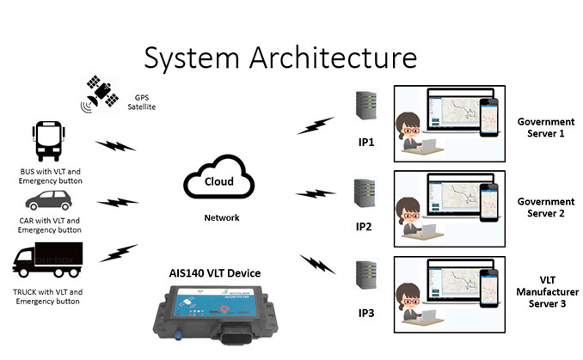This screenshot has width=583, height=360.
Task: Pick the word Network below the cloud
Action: tap(221, 218)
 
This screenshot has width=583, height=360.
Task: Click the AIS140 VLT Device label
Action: tap(215, 273)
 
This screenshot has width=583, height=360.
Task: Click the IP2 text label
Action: tap(363, 228)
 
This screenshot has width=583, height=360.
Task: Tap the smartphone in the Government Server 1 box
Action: tap(488, 119)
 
